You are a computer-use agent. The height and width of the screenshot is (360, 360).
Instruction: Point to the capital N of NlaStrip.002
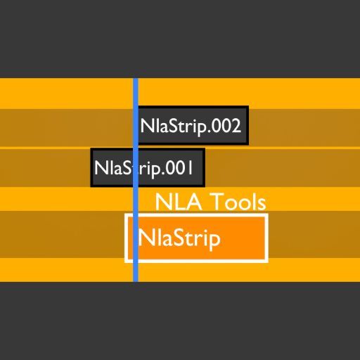(147, 126)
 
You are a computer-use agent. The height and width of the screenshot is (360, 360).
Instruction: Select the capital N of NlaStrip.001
(101, 168)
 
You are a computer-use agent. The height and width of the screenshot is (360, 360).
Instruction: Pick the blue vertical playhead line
(136, 180)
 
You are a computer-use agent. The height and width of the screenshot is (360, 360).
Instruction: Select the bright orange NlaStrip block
(196, 238)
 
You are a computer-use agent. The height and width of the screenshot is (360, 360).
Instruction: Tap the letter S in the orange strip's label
(174, 238)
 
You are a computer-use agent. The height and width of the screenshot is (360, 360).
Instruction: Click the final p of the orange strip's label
(216, 241)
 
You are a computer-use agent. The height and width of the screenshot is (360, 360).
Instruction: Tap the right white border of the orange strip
(266, 238)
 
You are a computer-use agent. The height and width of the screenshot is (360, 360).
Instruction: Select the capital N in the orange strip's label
(146, 238)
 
